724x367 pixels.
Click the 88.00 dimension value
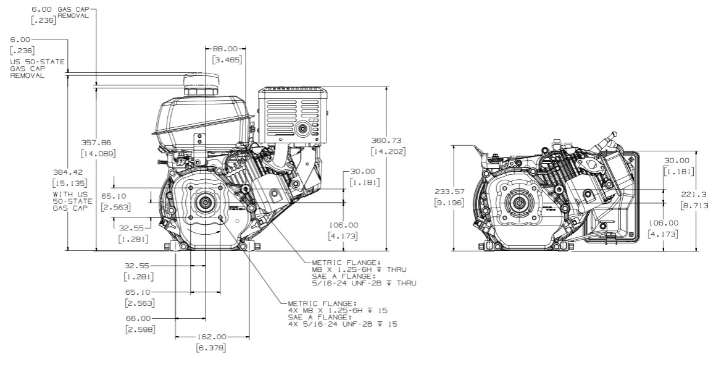[x=225, y=48]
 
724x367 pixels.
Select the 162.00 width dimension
[x=212, y=337]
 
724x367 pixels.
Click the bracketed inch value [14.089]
[x=99, y=153]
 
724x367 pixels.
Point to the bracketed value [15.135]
[x=69, y=183]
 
